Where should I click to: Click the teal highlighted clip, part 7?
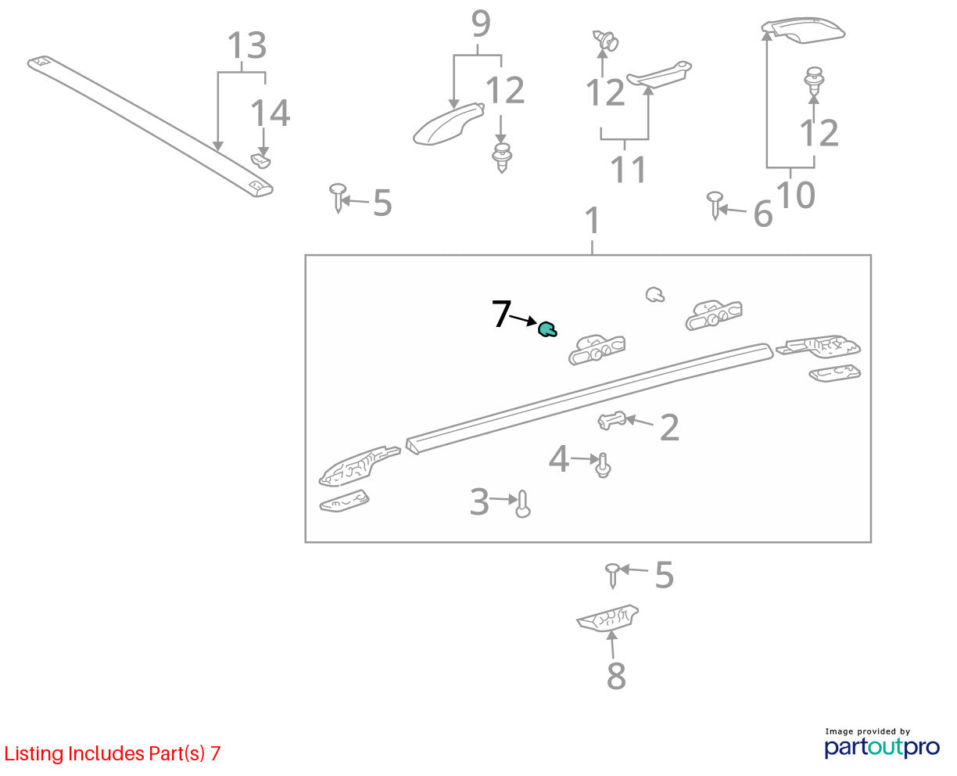(547, 329)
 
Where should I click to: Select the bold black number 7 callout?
(502, 314)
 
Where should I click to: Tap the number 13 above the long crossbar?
(247, 45)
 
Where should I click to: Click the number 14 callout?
(271, 113)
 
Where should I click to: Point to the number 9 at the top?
(481, 23)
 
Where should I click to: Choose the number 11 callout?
(628, 170)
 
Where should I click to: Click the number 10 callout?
(796, 195)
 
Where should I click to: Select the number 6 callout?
(763, 214)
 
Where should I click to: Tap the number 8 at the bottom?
(616, 676)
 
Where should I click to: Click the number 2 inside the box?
(669, 427)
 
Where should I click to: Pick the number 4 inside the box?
(559, 459)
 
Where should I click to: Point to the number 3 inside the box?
(479, 501)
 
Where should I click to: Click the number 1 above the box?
(593, 221)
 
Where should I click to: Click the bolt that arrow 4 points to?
(603, 465)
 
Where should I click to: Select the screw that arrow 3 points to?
(522, 504)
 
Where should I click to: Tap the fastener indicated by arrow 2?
(611, 421)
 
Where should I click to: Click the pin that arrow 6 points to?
(715, 206)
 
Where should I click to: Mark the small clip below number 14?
(260, 160)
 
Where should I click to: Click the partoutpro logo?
(881, 748)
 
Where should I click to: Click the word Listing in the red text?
(34, 754)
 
